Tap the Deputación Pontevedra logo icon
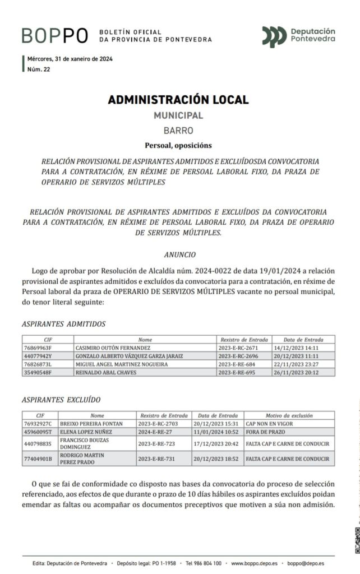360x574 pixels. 274,36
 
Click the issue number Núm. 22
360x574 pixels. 39,69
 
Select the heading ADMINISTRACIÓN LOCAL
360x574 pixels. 178,100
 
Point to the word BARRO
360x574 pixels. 178,131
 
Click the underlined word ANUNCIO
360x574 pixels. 180,254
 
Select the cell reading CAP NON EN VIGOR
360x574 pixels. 269,424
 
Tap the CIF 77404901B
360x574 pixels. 38,459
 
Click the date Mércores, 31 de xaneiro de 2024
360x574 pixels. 70,59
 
